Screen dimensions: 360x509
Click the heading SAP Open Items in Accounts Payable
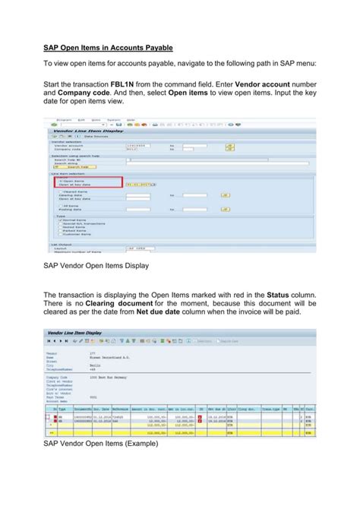(x=108, y=48)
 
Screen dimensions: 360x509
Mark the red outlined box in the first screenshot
(x=87, y=182)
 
